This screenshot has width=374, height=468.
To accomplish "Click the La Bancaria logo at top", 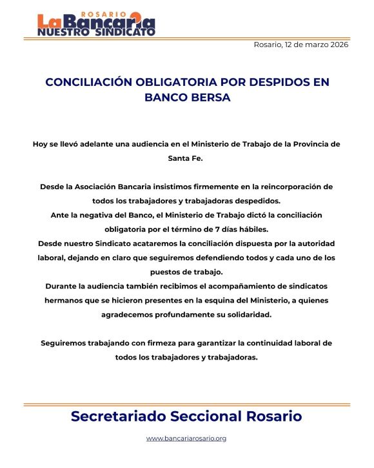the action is coord(95,24).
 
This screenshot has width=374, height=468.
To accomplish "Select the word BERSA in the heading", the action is coord(208,98).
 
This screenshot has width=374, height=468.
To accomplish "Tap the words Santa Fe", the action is coord(186,158).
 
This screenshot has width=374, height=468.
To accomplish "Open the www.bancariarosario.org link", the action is coord(186,439).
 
